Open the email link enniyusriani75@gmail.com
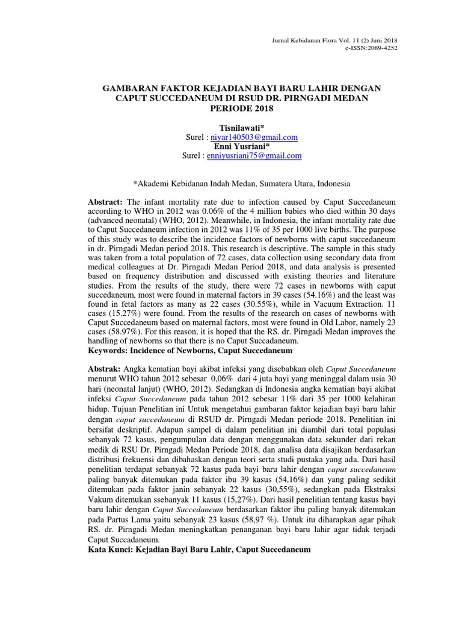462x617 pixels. [x=253, y=155]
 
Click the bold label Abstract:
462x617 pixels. [x=105, y=201]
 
